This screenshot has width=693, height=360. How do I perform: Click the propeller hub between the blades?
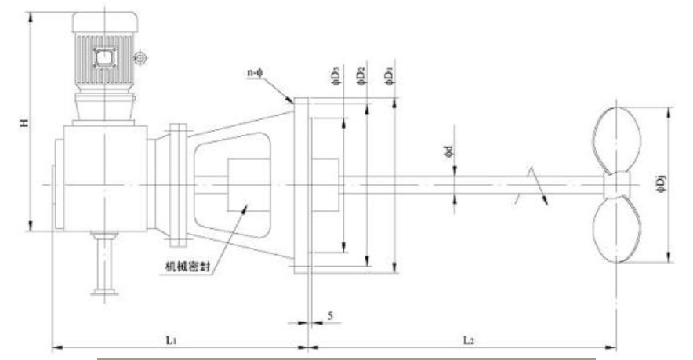point(616,185)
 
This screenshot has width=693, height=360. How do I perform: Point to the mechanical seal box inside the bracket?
point(246,185)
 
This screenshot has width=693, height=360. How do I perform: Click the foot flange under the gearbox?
point(103,293)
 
